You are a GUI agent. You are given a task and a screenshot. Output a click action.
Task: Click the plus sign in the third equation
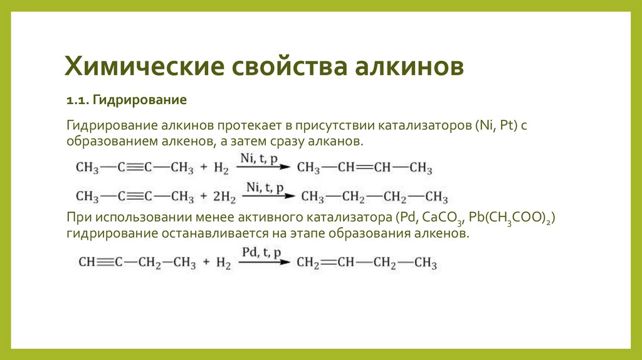204,263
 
